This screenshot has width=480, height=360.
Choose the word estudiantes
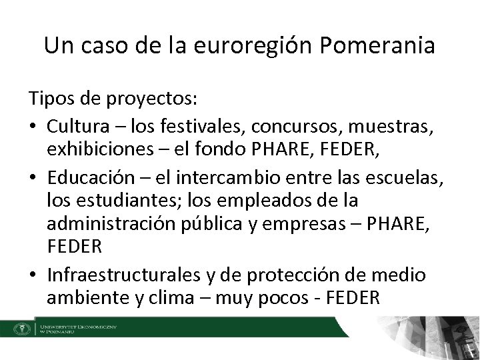click(x=121, y=200)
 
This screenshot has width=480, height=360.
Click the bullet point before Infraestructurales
click(x=33, y=273)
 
